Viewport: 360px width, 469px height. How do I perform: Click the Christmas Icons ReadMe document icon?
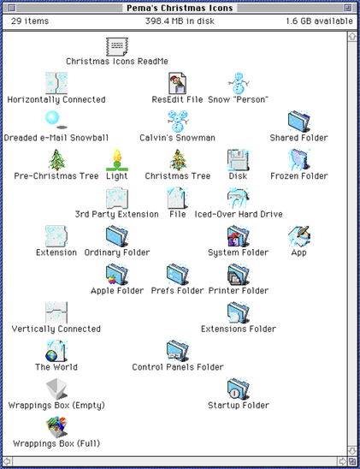coord(117,46)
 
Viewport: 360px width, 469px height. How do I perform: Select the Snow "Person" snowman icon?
coord(239,84)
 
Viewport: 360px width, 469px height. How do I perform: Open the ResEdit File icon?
coord(178,84)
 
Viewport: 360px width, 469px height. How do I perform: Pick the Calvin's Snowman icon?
coord(178,122)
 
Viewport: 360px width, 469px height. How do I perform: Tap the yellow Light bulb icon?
coord(117,160)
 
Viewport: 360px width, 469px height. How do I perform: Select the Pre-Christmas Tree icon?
coord(56,160)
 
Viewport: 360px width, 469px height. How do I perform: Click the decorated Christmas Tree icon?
coord(178,160)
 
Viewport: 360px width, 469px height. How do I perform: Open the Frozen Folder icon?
coord(298,160)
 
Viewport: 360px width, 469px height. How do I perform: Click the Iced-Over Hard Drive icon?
coord(238,198)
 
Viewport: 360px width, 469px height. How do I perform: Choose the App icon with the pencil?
coord(299,236)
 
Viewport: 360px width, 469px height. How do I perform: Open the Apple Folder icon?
coord(117,274)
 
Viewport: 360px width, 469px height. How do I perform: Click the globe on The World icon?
coord(51,356)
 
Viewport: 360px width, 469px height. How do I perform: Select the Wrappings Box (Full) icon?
coord(56,427)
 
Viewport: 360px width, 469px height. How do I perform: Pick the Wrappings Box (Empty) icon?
coord(56,389)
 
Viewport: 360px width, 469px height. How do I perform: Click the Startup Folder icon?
coord(238,389)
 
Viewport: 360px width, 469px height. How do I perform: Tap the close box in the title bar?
coord(11,8)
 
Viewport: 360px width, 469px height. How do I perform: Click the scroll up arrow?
coord(352,37)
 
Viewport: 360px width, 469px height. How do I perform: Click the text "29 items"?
coord(30,21)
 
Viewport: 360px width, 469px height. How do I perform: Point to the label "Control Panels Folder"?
coord(178,367)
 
